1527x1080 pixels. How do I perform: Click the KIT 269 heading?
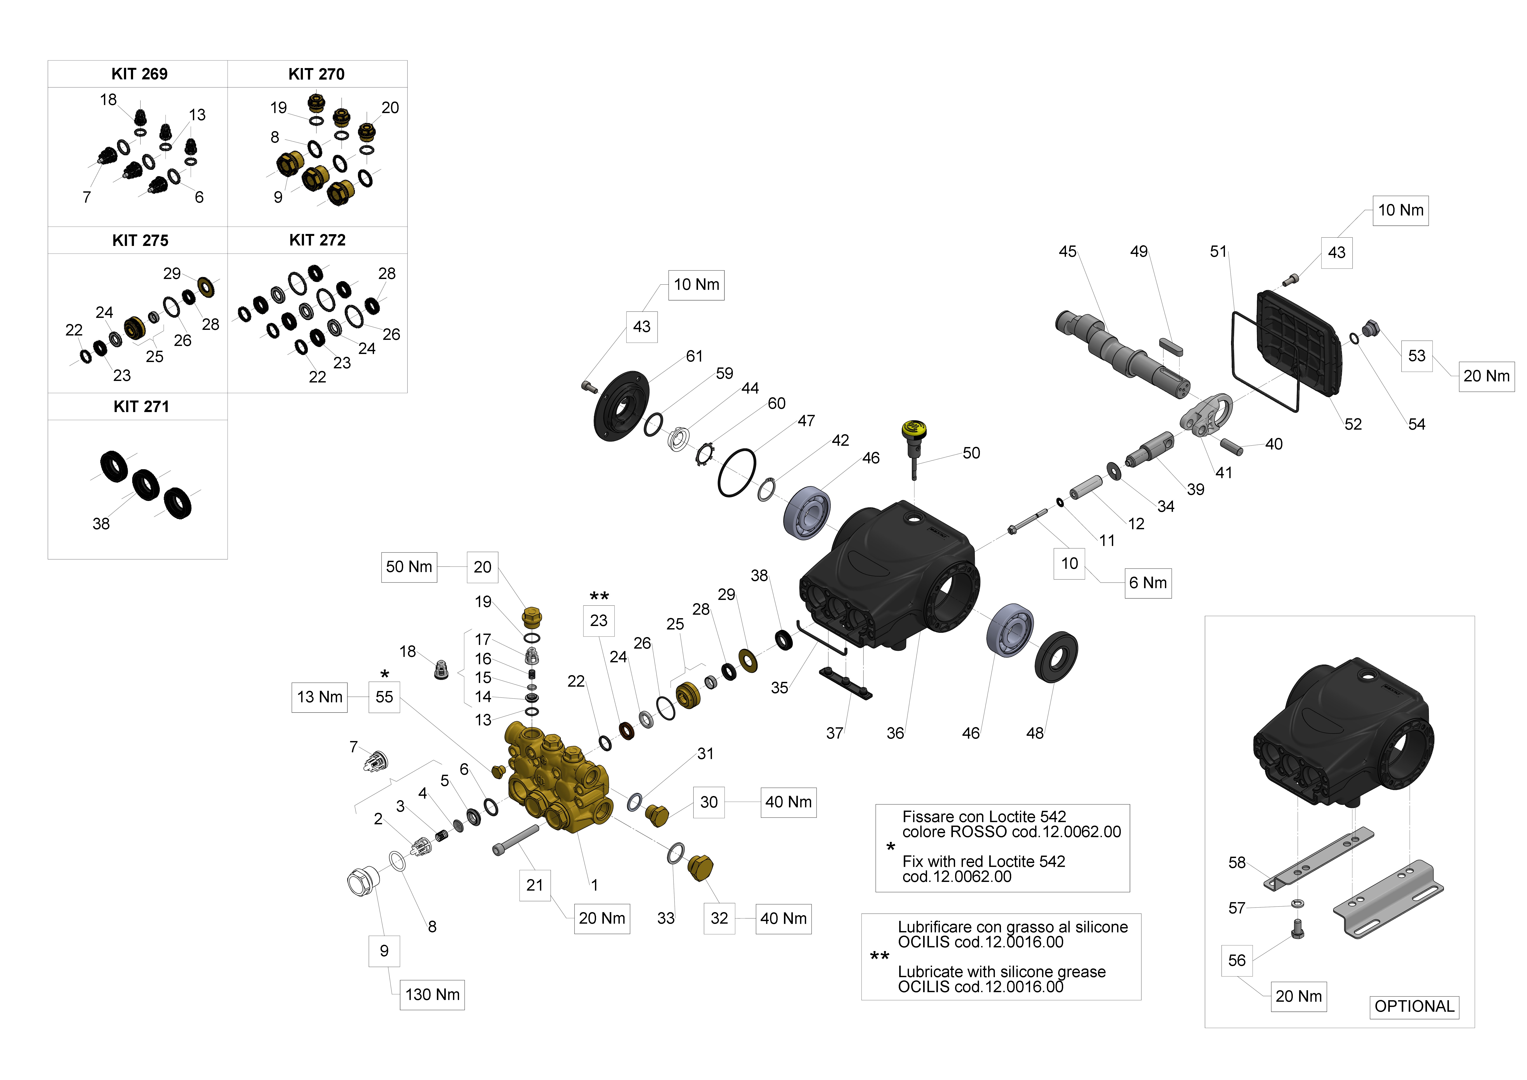[x=139, y=74]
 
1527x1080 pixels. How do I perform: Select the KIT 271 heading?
[x=141, y=406]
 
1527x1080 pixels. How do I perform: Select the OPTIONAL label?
[x=1414, y=1006]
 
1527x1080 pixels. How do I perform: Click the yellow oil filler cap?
[x=914, y=429]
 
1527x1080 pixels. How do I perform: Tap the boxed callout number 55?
[x=384, y=697]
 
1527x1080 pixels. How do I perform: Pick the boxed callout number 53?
[x=1417, y=356]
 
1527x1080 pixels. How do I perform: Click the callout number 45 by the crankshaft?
[x=1068, y=251]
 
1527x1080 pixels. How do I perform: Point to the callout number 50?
[x=971, y=453]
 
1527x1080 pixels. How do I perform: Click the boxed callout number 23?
[x=599, y=621]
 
